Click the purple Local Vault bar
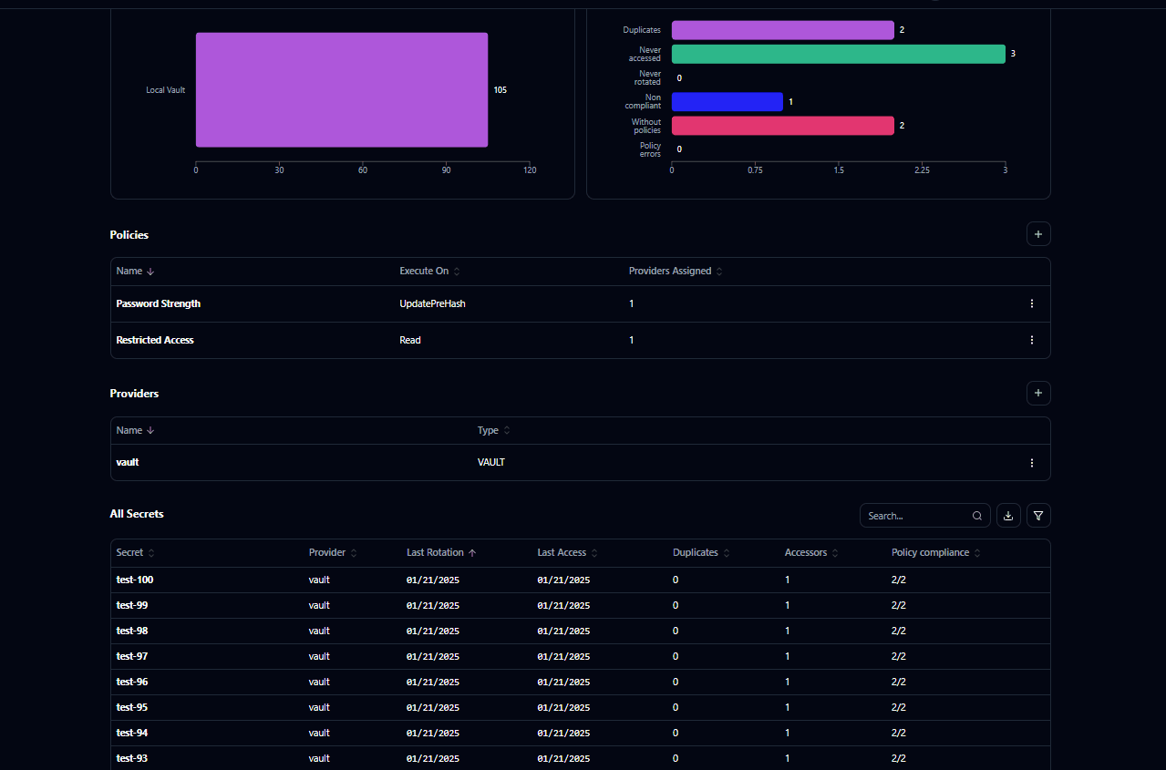tap(342, 89)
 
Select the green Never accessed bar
tap(838, 54)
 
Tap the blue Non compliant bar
tap(727, 101)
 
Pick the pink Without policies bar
tap(782, 125)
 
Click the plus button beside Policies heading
tap(1038, 234)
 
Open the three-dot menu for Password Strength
tap(1032, 303)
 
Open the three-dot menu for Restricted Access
tap(1032, 340)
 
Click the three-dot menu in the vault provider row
tap(1032, 463)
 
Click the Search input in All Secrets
tap(916, 516)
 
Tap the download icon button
tap(1008, 516)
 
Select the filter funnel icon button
tap(1038, 516)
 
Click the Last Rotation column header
tap(436, 552)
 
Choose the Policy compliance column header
tap(930, 552)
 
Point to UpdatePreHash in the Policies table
tap(432, 303)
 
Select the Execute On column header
tap(424, 271)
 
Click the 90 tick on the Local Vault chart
tap(446, 170)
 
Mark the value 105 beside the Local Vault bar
tap(500, 90)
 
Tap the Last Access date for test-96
tap(563, 682)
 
